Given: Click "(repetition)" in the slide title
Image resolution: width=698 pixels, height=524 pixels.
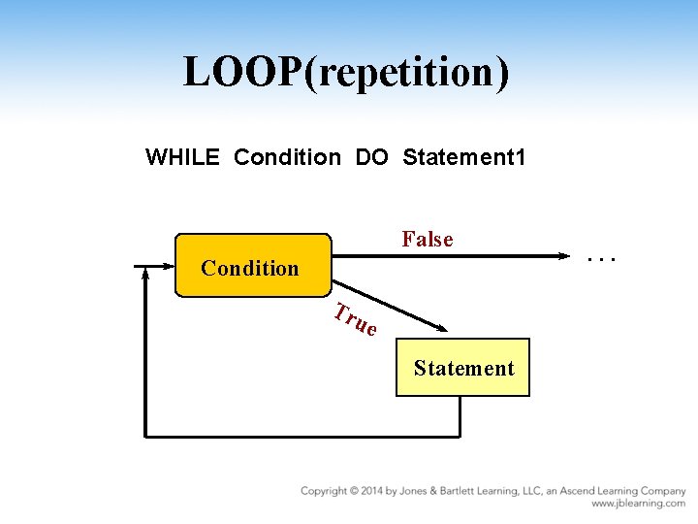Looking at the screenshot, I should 406,73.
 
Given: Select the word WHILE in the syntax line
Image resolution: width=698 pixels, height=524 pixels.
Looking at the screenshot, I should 183,156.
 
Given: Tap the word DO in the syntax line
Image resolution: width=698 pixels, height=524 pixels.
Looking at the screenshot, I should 371,156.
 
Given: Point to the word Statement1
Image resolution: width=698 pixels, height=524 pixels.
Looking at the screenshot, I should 464,156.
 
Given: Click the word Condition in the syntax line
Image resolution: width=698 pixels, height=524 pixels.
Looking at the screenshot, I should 288,156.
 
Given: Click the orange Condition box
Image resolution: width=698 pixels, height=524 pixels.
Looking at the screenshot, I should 252,266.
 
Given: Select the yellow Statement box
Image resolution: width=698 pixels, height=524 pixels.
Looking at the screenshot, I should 462,368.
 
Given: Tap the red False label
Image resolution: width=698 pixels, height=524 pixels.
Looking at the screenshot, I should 428,239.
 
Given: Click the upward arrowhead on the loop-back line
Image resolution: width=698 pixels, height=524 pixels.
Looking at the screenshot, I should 145,275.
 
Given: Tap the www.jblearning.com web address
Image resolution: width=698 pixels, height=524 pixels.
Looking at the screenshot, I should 638,505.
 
